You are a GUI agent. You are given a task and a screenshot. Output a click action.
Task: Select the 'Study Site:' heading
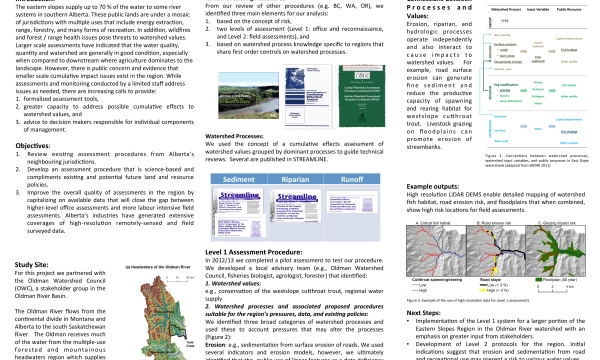(34, 237)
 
